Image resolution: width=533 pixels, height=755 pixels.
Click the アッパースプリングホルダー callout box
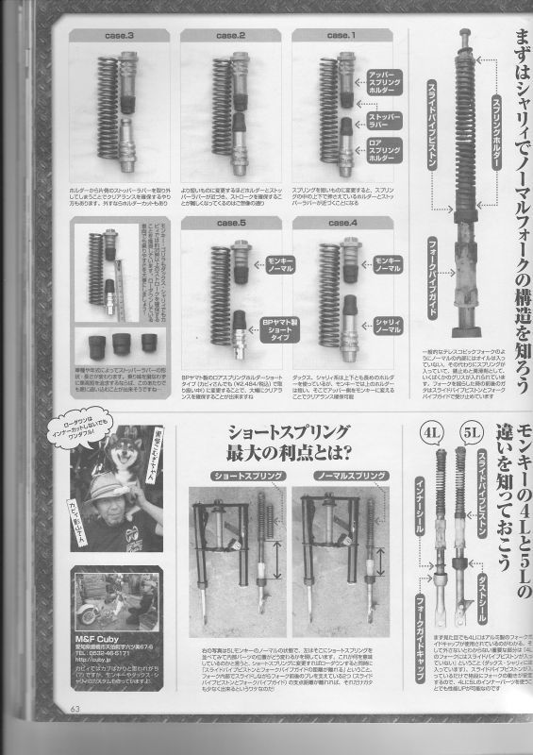click(378, 82)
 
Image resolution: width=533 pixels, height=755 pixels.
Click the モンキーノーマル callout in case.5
click(279, 264)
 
